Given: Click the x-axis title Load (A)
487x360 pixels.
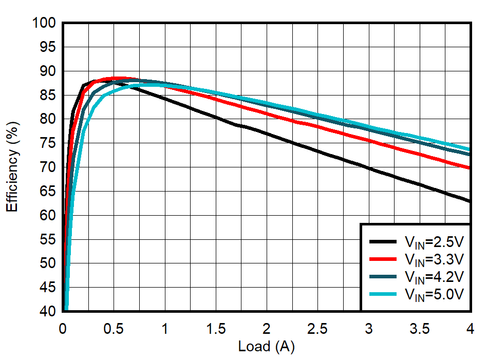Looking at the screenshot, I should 266,347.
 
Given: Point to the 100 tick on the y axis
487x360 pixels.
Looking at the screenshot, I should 45,23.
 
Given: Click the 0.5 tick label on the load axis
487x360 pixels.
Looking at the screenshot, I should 114,328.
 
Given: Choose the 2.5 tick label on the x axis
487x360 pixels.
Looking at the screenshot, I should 317,328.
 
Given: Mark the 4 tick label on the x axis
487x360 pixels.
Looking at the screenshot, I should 470,328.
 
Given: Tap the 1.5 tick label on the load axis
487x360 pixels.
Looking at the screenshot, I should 215,328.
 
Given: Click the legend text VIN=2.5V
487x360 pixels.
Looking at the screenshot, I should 434,241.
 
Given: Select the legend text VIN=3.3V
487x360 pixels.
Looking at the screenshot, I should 434,259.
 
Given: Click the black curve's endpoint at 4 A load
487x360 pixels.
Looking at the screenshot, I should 470,201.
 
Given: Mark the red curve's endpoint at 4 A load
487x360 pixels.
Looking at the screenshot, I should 470,168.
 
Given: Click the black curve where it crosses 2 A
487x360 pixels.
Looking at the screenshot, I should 266,134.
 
